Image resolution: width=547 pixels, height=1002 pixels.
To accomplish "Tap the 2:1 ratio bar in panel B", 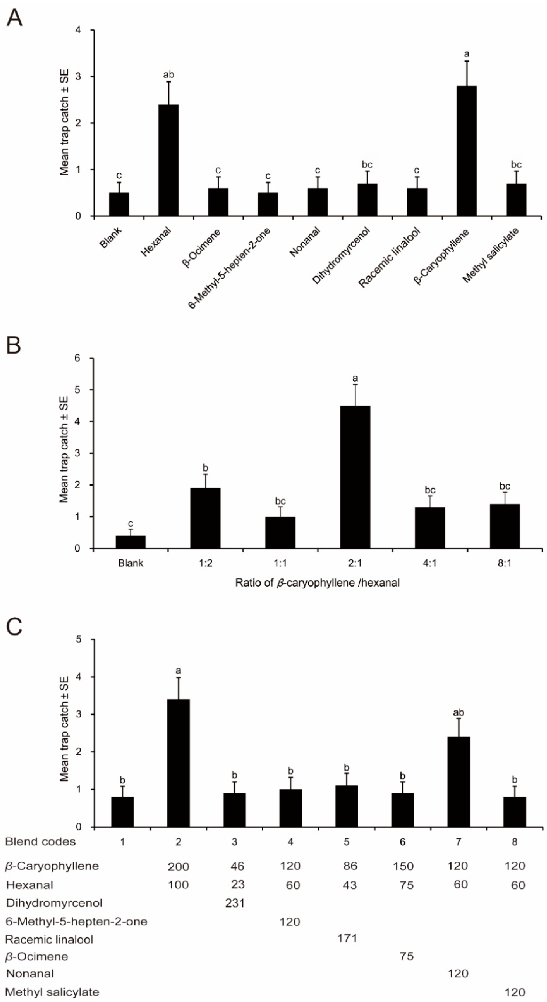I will click(355, 477).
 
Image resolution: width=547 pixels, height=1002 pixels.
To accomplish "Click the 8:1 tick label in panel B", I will click(504, 563).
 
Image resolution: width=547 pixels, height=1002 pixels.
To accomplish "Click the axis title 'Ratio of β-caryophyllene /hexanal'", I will click(317, 583).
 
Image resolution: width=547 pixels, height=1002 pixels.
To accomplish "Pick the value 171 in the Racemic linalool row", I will click(347, 938).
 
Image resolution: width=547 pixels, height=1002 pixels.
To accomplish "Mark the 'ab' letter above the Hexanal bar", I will click(168, 75).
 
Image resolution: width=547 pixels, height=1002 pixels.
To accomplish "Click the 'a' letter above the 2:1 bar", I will click(355, 378).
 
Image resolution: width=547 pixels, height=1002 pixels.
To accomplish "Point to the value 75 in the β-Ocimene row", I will click(407, 956).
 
